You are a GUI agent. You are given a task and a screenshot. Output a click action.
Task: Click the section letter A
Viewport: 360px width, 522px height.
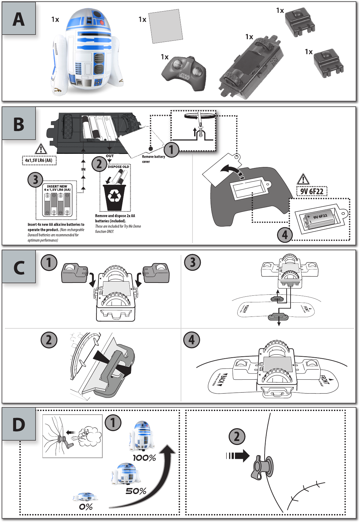pyautogui.click(x=18, y=19)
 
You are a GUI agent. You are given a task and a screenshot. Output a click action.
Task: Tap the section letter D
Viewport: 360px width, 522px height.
pyautogui.click(x=18, y=425)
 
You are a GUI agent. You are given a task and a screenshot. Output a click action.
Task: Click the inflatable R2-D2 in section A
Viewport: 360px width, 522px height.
pyautogui.click(x=87, y=53)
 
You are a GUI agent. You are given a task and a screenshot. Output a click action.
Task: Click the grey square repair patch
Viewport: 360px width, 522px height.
pyautogui.click(x=166, y=26)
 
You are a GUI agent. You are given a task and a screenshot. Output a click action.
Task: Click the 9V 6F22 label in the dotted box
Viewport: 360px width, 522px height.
pyautogui.click(x=312, y=191)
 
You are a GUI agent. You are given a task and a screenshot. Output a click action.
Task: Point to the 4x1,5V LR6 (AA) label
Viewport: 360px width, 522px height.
pyautogui.click(x=39, y=160)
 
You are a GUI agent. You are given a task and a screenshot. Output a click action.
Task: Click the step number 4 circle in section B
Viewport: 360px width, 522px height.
pyautogui.click(x=285, y=235)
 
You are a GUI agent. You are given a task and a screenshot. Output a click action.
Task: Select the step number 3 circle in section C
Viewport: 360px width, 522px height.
pyautogui.click(x=193, y=263)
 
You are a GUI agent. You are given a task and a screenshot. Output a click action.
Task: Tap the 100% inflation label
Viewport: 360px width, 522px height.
pyautogui.click(x=144, y=458)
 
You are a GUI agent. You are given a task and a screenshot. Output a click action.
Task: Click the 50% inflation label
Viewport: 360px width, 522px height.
pyautogui.click(x=136, y=491)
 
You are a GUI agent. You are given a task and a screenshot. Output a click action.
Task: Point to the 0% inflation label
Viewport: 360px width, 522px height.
pyautogui.click(x=86, y=507)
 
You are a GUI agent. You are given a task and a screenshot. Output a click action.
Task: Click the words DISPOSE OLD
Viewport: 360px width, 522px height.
pyautogui.click(x=118, y=167)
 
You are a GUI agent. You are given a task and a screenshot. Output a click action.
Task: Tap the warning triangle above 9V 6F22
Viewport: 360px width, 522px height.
pyautogui.click(x=303, y=179)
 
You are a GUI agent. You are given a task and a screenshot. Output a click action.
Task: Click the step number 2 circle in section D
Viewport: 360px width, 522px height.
pyautogui.click(x=237, y=437)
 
